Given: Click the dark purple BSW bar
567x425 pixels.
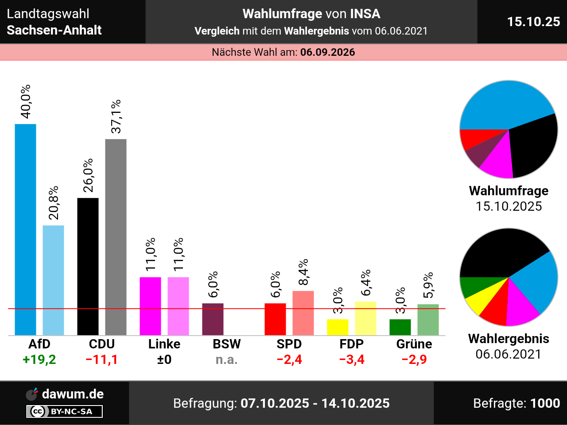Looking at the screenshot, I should tap(213, 319).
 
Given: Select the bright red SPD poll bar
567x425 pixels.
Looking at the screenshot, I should tap(275, 319).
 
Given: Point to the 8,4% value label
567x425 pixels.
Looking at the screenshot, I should tap(303, 273).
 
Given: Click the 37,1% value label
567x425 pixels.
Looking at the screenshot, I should tap(116, 116).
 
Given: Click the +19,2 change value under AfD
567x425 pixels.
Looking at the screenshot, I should tap(39, 359).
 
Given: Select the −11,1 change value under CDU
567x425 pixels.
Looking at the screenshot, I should tap(102, 359).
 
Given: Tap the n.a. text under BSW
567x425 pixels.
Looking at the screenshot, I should tap(226, 359).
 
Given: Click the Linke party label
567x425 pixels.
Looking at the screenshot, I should tap(164, 344).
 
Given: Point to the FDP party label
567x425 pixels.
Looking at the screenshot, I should tap(351, 344).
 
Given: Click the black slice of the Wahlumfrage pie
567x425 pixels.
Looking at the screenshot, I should tap(534, 146).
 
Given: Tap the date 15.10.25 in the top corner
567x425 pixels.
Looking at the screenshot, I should tap(533, 22).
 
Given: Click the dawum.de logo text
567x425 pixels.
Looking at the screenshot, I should tap(73, 394).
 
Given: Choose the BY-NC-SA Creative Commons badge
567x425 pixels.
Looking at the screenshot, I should tap(64, 412).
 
